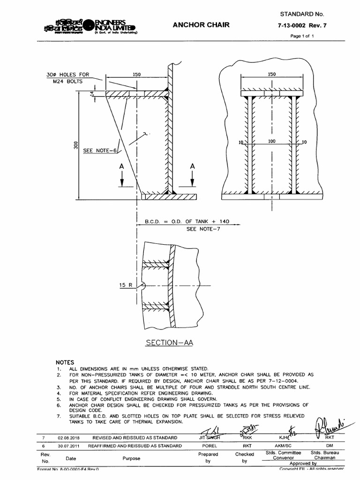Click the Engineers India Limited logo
[x=89, y=27]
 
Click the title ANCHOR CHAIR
[x=202, y=25]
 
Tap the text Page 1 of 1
[x=301, y=36]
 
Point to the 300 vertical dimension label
[x=75, y=146]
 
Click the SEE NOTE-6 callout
[x=100, y=151]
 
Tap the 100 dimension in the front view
[x=272, y=141]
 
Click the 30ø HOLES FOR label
[x=67, y=75]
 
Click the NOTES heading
[x=66, y=362]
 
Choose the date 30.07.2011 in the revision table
[x=69, y=446]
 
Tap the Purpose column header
[x=131, y=458]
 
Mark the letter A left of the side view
[x=122, y=166]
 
